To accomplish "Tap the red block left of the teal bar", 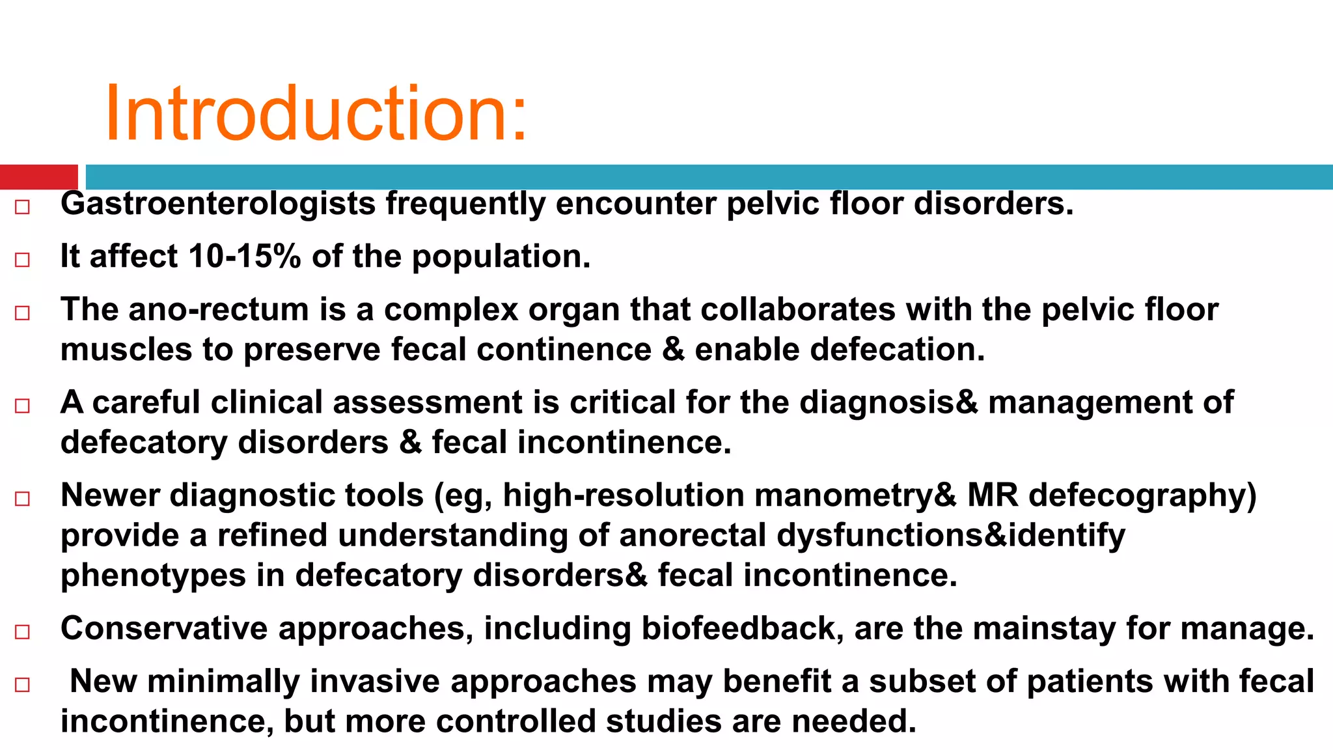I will click(x=38, y=177).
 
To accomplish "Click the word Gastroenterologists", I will click(x=218, y=204).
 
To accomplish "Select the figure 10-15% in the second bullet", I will click(x=245, y=256).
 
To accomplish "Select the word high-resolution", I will click(x=624, y=495).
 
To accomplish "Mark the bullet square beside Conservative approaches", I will click(x=23, y=632).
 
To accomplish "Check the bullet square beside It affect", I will click(x=23, y=260).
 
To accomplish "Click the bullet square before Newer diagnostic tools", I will click(x=23, y=499).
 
